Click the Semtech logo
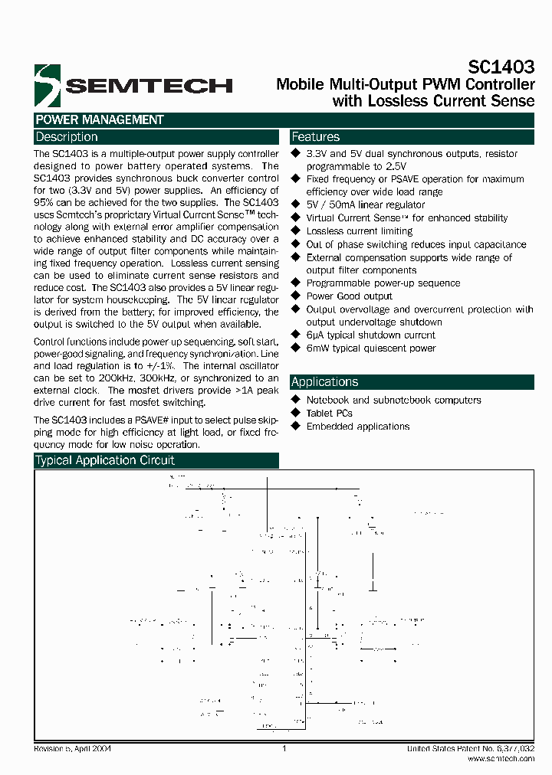133,84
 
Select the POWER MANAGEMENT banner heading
100,119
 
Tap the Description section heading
67,137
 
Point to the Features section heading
316,137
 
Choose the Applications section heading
325,382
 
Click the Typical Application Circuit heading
105,460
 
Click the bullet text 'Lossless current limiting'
359,231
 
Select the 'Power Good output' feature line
349,296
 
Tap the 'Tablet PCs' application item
329,413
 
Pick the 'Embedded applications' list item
358,426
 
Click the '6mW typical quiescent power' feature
371,348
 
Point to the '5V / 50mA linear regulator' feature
365,204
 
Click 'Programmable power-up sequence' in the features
383,283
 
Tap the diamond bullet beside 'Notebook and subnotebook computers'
296,400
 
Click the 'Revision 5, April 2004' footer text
73,748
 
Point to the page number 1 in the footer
284,748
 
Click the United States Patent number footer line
471,748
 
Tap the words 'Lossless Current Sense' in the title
433,101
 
